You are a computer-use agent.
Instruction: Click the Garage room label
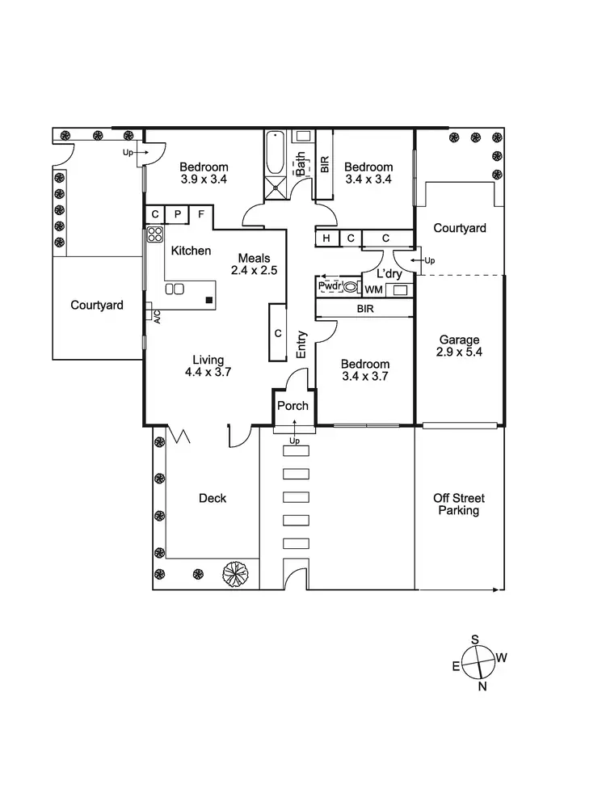pyautogui.click(x=459, y=346)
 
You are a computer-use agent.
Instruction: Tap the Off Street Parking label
pyautogui.click(x=459, y=504)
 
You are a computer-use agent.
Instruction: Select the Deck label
pyautogui.click(x=213, y=498)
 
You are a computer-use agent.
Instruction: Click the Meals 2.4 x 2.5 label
pyautogui.click(x=255, y=264)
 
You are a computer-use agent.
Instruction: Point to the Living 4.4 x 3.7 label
pyautogui.click(x=208, y=366)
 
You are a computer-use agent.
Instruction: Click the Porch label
pyautogui.click(x=292, y=406)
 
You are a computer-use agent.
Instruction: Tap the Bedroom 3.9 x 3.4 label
pyautogui.click(x=204, y=173)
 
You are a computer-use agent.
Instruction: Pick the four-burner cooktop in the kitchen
pyautogui.click(x=154, y=234)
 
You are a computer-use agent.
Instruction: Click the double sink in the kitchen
pyautogui.click(x=175, y=289)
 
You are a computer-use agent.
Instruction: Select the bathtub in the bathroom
pyautogui.click(x=274, y=153)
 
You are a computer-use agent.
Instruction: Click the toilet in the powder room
pyautogui.click(x=351, y=287)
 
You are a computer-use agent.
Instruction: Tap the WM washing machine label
pyautogui.click(x=374, y=290)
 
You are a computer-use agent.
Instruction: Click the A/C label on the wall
pyautogui.click(x=157, y=317)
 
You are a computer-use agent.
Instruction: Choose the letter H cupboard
pyautogui.click(x=326, y=238)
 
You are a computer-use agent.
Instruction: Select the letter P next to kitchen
pyautogui.click(x=178, y=214)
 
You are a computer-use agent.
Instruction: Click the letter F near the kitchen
pyautogui.click(x=201, y=214)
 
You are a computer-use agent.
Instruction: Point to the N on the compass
pyautogui.click(x=482, y=686)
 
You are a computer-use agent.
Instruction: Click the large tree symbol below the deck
pyautogui.click(x=236, y=573)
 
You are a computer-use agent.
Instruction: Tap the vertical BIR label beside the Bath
pyautogui.click(x=325, y=165)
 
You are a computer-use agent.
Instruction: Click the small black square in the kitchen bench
pyautogui.click(x=209, y=300)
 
